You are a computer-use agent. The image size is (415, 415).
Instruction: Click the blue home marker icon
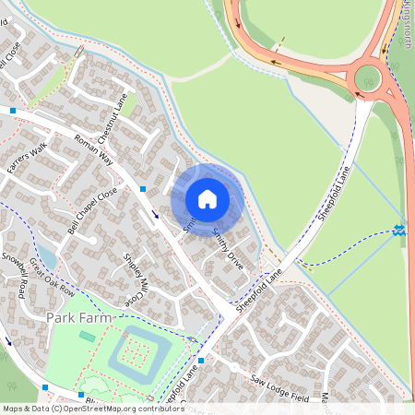(x=207, y=197)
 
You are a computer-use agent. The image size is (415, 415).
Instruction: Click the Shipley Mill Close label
(x=135, y=279)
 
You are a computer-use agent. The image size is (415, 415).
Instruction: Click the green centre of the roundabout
(x=368, y=77)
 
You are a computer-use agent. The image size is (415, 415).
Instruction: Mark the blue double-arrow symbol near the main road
(x=398, y=229)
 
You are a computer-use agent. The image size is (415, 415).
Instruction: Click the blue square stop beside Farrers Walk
(x=13, y=110)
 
